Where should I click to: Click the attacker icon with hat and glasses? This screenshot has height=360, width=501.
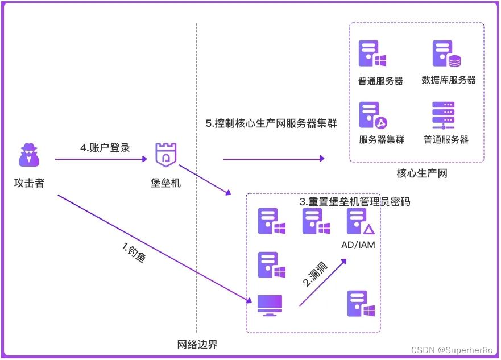(x=29, y=155)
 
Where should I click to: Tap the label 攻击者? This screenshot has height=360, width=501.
(x=29, y=183)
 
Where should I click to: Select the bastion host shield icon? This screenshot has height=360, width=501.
(x=166, y=154)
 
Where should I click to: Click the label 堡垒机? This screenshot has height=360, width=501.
(x=166, y=183)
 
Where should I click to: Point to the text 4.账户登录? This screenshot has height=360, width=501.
(x=105, y=148)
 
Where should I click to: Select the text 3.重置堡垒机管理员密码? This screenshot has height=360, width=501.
(x=354, y=202)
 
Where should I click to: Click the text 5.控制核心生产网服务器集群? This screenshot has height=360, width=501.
(x=271, y=123)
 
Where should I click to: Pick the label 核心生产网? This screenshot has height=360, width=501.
(x=421, y=173)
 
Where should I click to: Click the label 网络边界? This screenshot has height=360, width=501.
(x=197, y=345)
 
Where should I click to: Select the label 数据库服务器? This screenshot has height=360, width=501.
(x=449, y=80)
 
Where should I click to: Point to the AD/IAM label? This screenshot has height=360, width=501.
(x=358, y=245)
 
